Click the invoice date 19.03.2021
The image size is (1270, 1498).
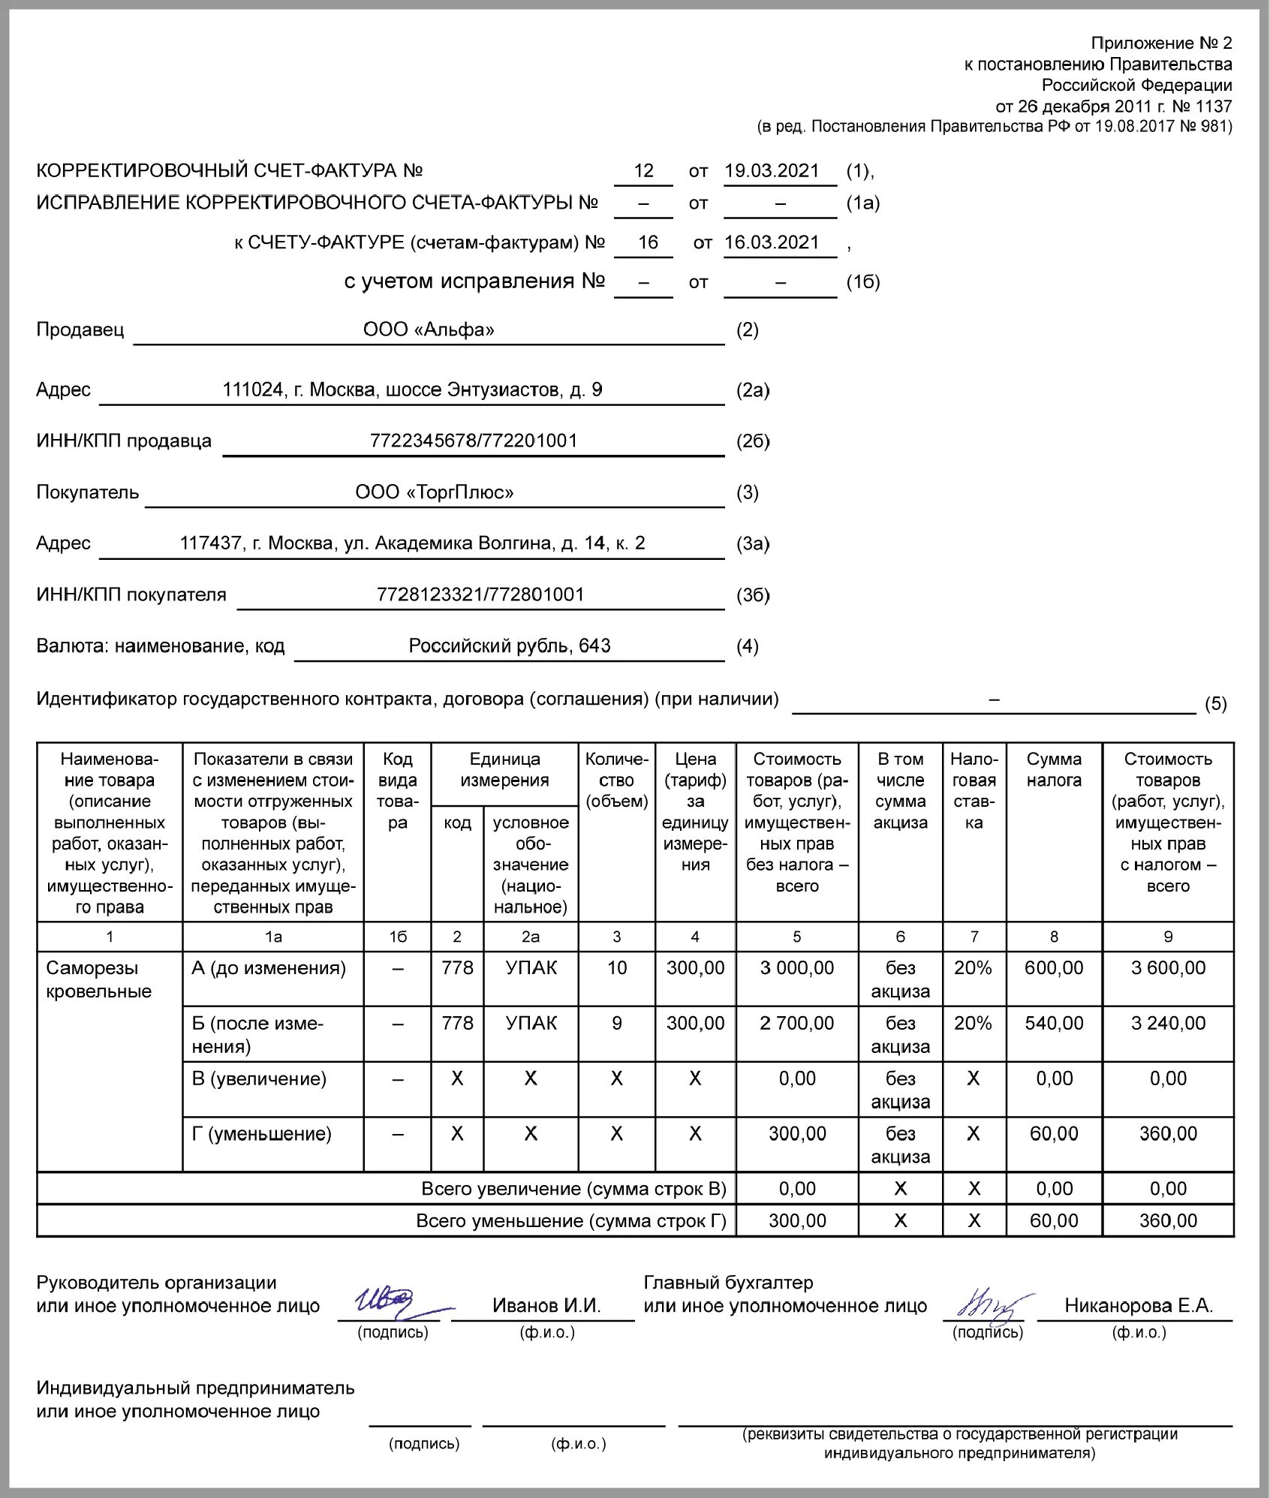click(772, 171)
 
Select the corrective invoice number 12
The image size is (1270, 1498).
click(643, 171)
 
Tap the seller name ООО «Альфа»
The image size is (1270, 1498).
click(429, 329)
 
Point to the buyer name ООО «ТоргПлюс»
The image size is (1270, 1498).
click(435, 492)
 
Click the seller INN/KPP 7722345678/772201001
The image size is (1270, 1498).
click(474, 441)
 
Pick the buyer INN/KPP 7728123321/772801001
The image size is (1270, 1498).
click(480, 594)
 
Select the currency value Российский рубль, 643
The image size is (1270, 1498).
click(510, 645)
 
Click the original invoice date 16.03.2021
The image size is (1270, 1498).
click(772, 242)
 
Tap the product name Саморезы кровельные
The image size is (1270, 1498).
click(98, 979)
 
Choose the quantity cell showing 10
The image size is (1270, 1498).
click(616, 968)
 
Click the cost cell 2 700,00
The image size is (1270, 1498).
click(796, 1023)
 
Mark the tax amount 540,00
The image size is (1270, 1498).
click(1054, 1023)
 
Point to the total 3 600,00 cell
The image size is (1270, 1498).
click(1168, 968)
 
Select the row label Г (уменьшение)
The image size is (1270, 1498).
click(261, 1133)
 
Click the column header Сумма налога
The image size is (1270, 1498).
click(1054, 769)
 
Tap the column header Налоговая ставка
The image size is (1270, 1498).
click(974, 790)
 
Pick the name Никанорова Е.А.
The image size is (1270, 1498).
click(1139, 1306)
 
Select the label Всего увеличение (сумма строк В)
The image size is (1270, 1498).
click(573, 1189)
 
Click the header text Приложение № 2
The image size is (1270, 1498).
click(1161, 43)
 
